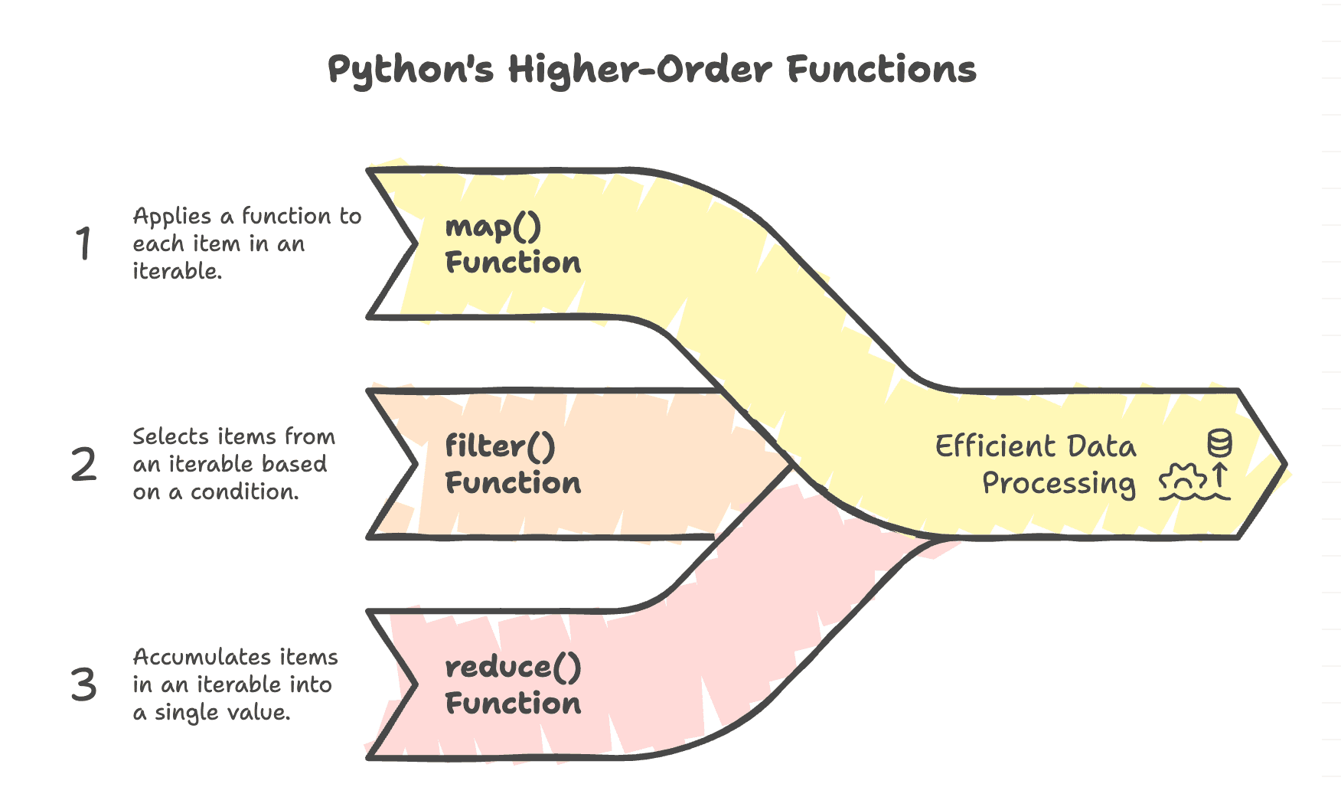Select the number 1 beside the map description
tap(83, 245)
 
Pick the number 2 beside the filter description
tap(83, 465)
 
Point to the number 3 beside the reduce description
tap(83, 684)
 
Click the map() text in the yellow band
tap(493, 227)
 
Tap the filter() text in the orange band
tap(500, 447)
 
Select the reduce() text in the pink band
tap(513, 668)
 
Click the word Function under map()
tap(513, 263)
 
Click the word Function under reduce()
tap(513, 704)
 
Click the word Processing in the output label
tap(1059, 484)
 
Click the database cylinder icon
tap(1219, 443)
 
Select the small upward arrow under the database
tap(1220, 475)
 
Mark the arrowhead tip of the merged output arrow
tap(1285, 464)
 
